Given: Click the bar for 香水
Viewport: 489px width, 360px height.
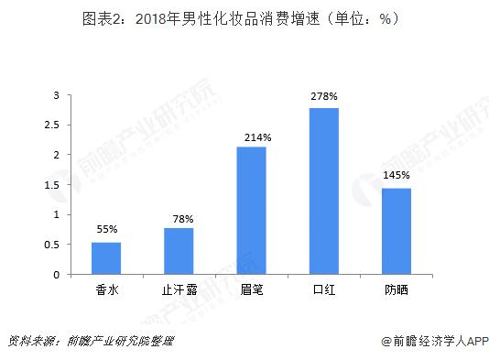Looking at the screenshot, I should pos(106,258).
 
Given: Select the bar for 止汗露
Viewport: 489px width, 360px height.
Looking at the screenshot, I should pos(179,251).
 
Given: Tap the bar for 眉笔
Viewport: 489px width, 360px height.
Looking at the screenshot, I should pos(251,210).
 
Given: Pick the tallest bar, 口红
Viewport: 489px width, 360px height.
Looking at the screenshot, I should pos(324,191).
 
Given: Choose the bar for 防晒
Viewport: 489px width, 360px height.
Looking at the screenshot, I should pos(397,231).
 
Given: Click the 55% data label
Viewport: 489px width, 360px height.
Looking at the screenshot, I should pos(106,228).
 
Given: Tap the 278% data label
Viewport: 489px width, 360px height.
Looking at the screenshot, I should pos(324,95).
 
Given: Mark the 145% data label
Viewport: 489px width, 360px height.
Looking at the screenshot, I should pos(397,175).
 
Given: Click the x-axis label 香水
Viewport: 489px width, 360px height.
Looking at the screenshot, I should pos(106,290).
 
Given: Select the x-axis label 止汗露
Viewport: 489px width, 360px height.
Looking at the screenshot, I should pos(179,290).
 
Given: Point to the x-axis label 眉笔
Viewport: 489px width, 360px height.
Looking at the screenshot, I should pos(251,290).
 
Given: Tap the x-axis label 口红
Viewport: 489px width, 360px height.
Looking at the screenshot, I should pos(324,290).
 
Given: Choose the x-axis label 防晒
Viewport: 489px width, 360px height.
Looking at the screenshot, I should pos(397,290).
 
